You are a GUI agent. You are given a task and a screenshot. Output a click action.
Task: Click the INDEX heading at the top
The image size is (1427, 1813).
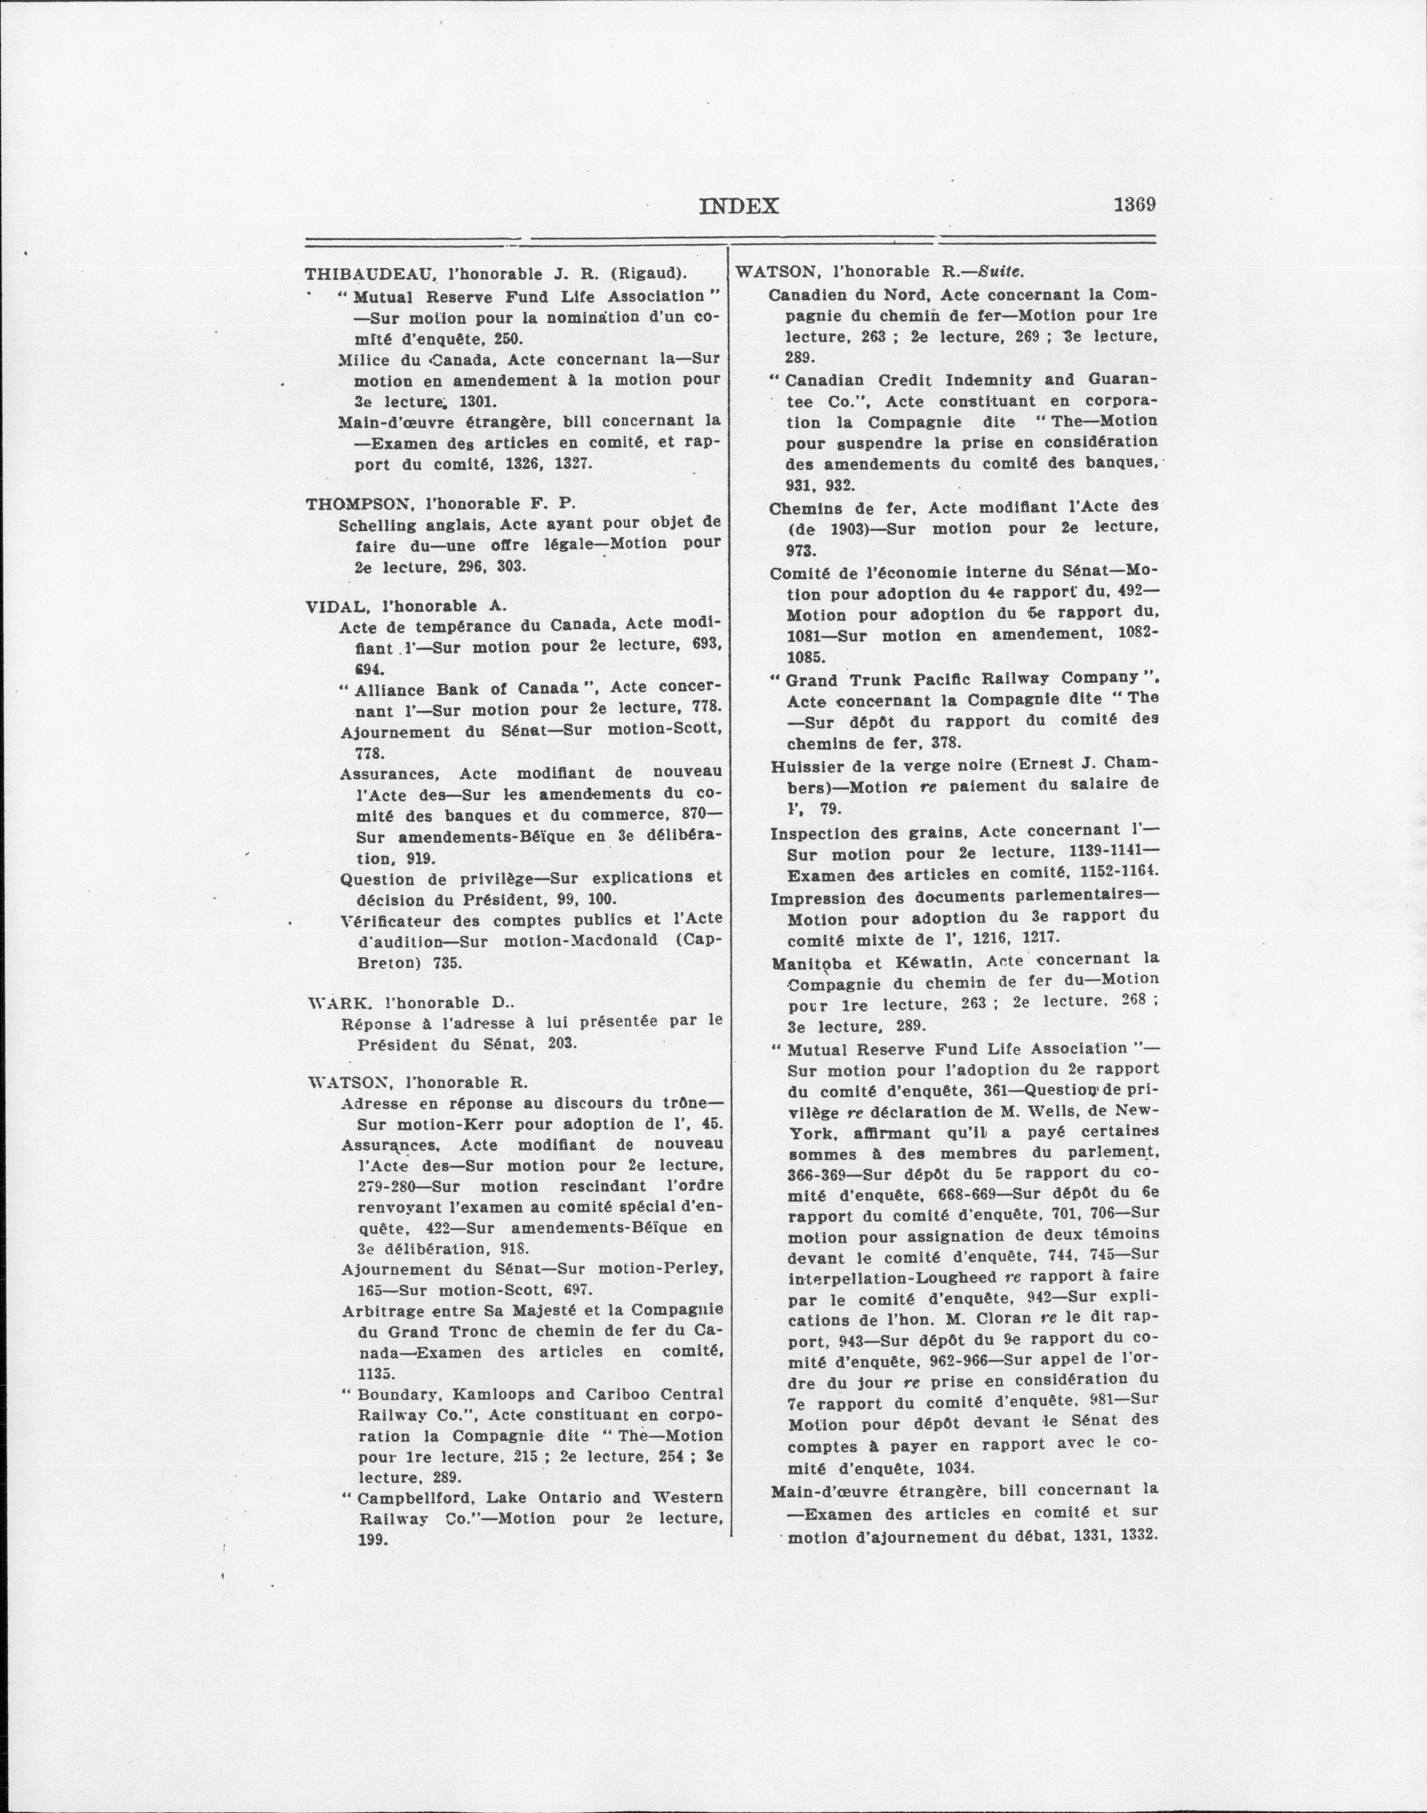pos(738,206)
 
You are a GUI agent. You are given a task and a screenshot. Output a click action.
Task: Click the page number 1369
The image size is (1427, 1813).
pos(1134,205)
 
